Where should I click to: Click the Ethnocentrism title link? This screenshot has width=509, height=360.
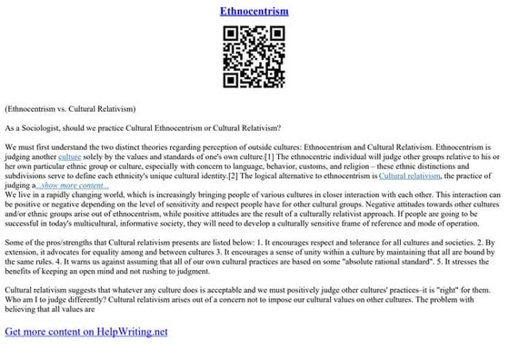[254, 12]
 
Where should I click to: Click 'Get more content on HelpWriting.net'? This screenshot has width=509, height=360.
[86, 331]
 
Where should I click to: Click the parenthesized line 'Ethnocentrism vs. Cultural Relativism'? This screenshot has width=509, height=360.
[70, 107]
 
